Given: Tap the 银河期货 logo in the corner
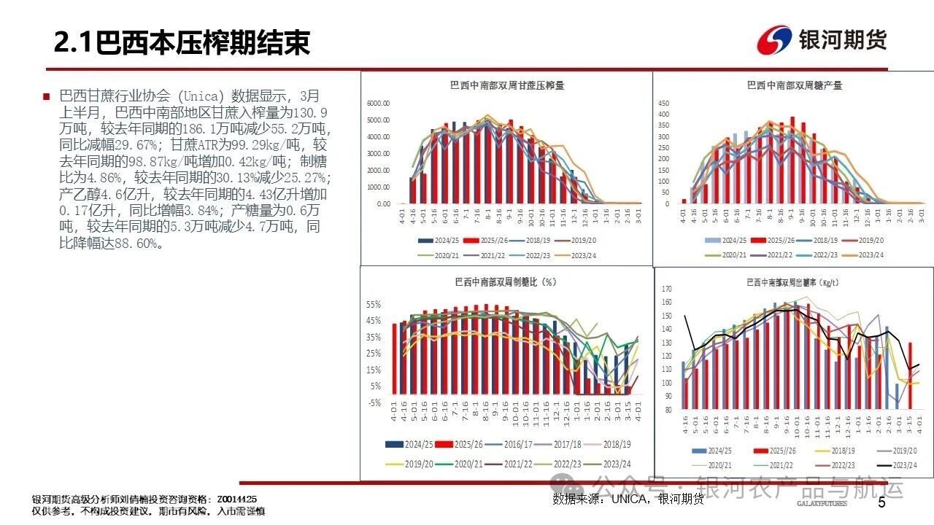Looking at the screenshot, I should coord(822,40).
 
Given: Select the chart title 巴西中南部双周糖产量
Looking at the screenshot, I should coord(795,85).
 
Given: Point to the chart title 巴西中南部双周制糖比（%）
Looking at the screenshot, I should coord(505,282).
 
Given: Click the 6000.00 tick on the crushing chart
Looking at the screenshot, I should coord(377,103).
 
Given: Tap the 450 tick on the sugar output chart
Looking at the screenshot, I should coord(663,102).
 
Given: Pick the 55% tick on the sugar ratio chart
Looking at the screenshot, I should coord(373,304).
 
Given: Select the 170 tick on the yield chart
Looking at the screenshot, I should coord(665,289).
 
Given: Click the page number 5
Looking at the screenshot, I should coord(881,502).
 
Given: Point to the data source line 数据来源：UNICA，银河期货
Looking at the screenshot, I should coord(628,499).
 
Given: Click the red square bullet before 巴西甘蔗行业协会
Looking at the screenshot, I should coord(46,96).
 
